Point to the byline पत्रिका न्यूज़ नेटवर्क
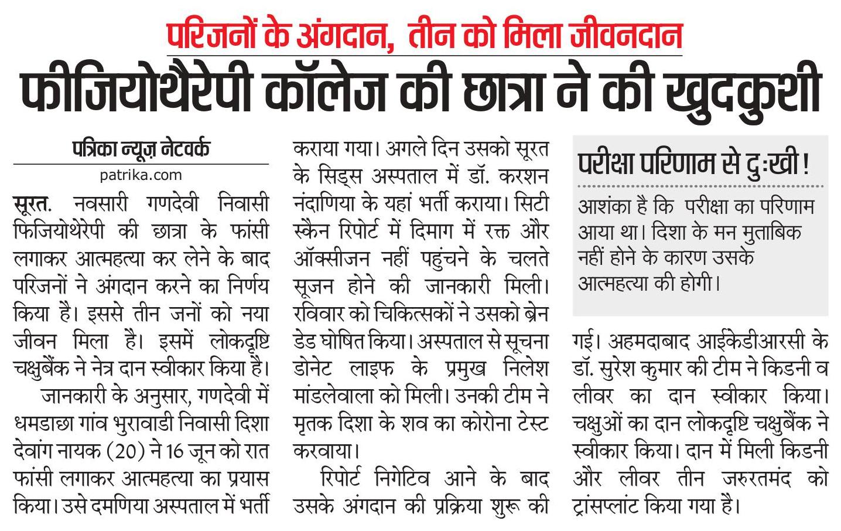point(141,149)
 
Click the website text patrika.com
point(141,175)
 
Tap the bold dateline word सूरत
point(30,204)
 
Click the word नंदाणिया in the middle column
point(329,204)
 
